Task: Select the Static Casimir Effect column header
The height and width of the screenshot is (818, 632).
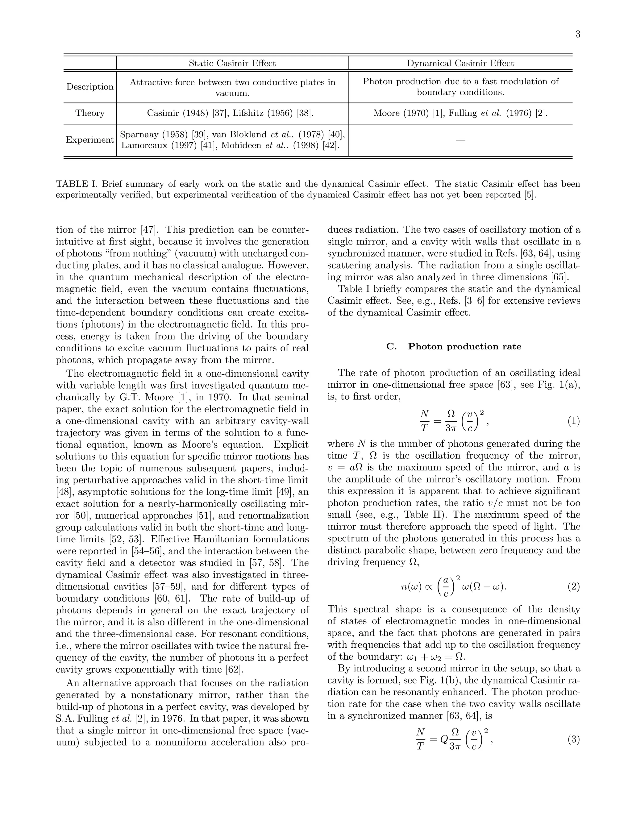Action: click(232, 63)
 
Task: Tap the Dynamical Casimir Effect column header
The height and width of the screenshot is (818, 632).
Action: click(460, 63)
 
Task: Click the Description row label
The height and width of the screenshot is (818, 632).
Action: click(90, 86)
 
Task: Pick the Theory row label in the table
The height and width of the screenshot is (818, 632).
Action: click(90, 113)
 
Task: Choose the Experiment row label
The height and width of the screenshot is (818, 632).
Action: click(90, 140)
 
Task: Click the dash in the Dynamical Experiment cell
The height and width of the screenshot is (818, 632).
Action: click(460, 140)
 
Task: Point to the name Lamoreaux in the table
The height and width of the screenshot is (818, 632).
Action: click(144, 145)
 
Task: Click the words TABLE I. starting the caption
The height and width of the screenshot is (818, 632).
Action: click(77, 184)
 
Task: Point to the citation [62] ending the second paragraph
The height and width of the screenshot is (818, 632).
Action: click(235, 669)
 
